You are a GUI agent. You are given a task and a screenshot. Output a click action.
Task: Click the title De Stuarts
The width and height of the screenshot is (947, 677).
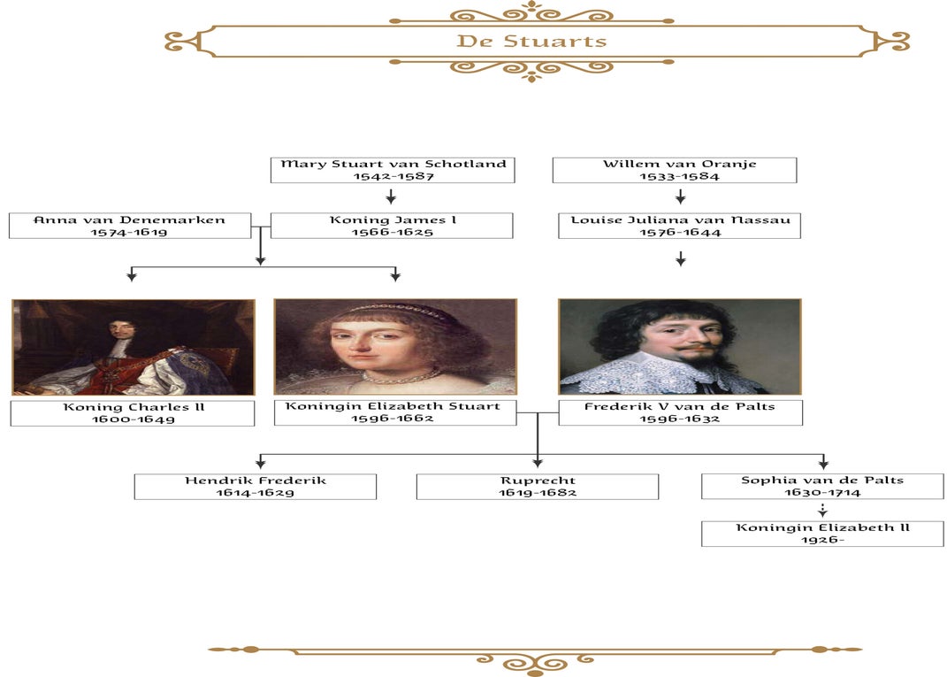tap(531, 42)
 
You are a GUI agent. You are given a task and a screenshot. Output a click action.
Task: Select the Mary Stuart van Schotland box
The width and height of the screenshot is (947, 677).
tap(393, 170)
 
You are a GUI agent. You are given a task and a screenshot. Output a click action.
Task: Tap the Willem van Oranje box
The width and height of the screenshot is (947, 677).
tap(674, 170)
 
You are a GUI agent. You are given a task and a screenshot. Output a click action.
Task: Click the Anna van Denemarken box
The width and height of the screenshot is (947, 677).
tap(130, 226)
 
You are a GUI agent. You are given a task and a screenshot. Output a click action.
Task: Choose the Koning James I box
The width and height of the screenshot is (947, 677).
tap(392, 226)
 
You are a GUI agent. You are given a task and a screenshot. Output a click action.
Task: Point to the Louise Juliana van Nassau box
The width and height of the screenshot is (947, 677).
tap(679, 226)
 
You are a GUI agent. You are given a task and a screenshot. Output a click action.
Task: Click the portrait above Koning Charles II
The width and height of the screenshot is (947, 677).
tap(134, 347)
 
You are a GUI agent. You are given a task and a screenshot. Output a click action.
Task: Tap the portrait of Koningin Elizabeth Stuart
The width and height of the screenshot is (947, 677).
tap(395, 347)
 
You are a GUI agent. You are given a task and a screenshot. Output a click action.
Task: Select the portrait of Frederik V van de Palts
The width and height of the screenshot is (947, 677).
tap(679, 347)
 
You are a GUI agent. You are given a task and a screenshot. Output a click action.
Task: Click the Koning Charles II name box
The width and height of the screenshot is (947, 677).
tap(133, 413)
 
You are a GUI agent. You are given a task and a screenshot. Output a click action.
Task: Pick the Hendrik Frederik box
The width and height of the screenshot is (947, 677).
tap(256, 487)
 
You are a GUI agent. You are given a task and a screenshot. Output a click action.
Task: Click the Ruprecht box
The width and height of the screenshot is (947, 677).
tap(537, 487)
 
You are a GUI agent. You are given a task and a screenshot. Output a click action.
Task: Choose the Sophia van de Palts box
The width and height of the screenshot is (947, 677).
tap(822, 487)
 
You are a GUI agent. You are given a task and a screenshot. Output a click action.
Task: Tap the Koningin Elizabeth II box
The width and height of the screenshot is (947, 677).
tap(822, 534)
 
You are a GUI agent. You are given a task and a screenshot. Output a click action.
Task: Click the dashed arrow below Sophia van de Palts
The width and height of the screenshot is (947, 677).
tap(822, 510)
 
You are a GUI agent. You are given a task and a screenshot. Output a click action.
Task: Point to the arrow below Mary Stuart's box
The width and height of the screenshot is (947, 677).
tap(391, 196)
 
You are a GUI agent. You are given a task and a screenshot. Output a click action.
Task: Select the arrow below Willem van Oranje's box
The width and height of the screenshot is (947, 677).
tap(680, 196)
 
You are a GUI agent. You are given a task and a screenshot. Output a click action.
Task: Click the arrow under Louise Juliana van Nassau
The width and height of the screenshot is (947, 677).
tap(680, 258)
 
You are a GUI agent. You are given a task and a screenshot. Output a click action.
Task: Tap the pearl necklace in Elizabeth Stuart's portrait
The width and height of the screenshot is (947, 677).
tap(403, 376)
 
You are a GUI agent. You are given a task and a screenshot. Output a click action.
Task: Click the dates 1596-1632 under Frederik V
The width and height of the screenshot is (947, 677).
tap(679, 419)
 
